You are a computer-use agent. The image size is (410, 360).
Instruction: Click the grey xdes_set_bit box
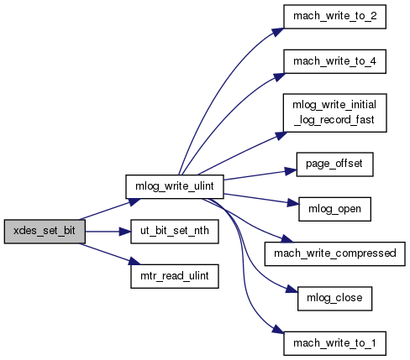tap(45, 232)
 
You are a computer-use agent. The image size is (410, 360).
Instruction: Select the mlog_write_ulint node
tap(175, 186)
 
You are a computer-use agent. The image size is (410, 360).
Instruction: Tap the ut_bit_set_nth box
tap(175, 232)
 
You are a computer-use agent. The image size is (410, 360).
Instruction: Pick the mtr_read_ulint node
tap(175, 276)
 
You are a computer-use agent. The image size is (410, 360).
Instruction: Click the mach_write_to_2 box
tap(334, 17)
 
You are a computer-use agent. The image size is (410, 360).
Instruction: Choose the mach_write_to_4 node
tap(334, 61)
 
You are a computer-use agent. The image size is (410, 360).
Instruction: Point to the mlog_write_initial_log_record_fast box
tap(334, 112)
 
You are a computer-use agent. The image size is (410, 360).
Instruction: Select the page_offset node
tap(334, 164)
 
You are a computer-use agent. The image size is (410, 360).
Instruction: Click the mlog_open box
tap(334, 209)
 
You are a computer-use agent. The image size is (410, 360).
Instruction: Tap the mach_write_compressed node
tap(334, 253)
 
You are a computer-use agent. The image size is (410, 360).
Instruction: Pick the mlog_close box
tap(334, 299)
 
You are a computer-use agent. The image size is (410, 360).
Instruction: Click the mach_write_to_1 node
tap(334, 343)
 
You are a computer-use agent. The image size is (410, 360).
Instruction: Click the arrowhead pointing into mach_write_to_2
tap(278, 32)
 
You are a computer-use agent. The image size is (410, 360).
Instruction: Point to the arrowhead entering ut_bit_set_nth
tap(125, 232)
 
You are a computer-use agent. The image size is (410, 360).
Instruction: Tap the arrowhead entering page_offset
tap(291, 171)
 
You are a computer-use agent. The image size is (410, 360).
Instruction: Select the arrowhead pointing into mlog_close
tap(292, 290)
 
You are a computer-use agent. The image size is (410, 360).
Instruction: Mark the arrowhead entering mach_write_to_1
tap(278, 329)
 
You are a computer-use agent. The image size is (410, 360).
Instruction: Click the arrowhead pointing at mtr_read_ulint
tap(135, 262)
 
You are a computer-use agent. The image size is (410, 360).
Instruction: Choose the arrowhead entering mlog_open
tap(293, 203)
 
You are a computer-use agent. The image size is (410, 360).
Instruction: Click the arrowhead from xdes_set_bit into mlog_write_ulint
tap(134, 201)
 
